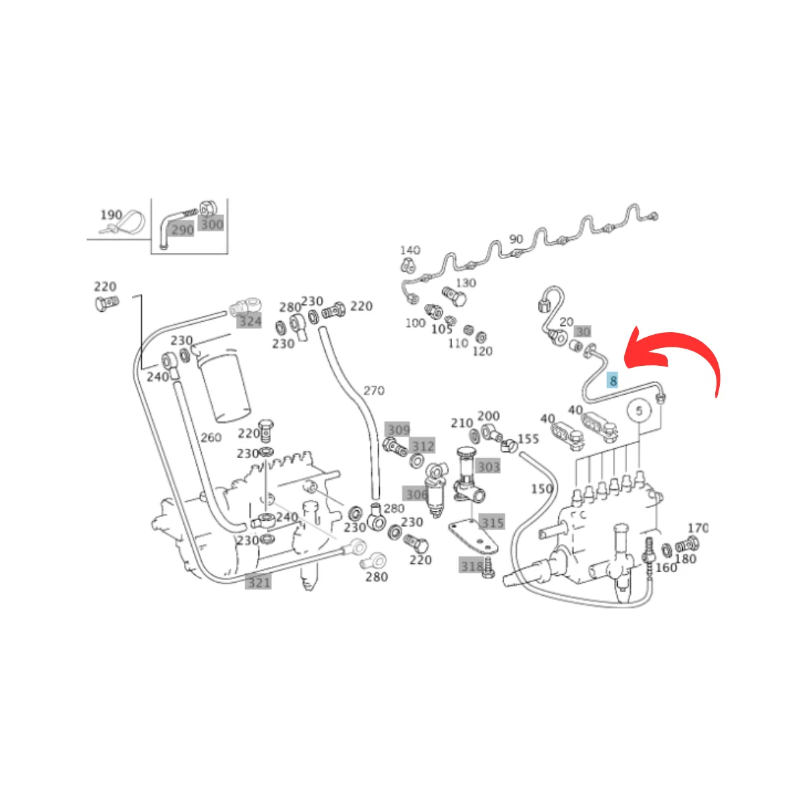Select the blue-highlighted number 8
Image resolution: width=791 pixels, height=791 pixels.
[613, 380]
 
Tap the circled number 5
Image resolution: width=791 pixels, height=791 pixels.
[639, 411]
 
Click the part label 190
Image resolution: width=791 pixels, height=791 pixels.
[111, 215]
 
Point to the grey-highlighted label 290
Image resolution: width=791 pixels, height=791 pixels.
[183, 229]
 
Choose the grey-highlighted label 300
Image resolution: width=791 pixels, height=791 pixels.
[212, 224]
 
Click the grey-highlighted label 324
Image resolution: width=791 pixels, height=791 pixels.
[250, 321]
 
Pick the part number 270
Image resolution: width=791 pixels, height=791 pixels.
[374, 391]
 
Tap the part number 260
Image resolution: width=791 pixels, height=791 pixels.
[210, 437]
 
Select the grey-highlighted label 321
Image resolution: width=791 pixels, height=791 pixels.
[258, 582]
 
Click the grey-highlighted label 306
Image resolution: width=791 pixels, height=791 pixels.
[417, 494]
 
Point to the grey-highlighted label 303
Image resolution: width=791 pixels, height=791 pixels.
[489, 466]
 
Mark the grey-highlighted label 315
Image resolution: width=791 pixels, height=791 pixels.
[492, 523]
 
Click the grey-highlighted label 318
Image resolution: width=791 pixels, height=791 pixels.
[472, 566]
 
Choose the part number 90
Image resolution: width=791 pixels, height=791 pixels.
[516, 239]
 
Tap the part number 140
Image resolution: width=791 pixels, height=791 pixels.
[409, 250]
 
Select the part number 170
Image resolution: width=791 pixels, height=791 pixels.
[697, 528]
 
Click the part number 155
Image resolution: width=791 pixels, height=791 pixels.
[528, 439]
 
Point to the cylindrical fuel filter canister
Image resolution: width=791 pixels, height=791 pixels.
[225, 386]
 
